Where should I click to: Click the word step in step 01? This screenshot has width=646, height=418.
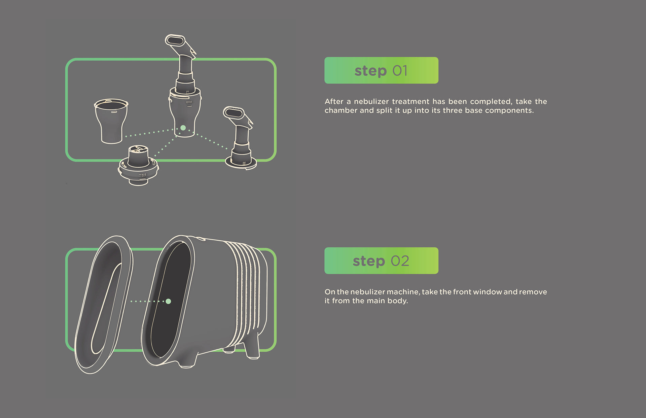click(x=370, y=71)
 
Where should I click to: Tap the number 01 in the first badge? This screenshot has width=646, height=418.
click(x=400, y=71)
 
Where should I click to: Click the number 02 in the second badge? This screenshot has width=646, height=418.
click(x=400, y=261)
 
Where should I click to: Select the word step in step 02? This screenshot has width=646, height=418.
click(x=369, y=261)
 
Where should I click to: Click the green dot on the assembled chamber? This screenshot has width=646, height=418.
click(x=183, y=128)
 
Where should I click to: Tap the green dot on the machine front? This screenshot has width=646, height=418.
click(x=169, y=301)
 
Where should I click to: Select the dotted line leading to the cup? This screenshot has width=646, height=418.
click(x=148, y=133)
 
